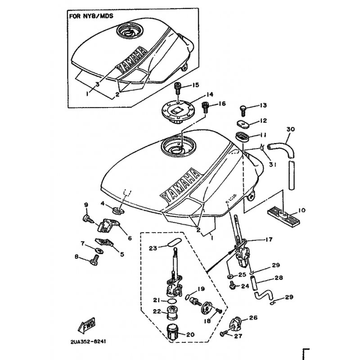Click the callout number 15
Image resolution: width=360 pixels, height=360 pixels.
point(196,85)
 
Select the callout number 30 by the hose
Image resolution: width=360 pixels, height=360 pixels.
point(291,129)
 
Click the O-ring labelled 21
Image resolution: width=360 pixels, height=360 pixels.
point(171,301)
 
